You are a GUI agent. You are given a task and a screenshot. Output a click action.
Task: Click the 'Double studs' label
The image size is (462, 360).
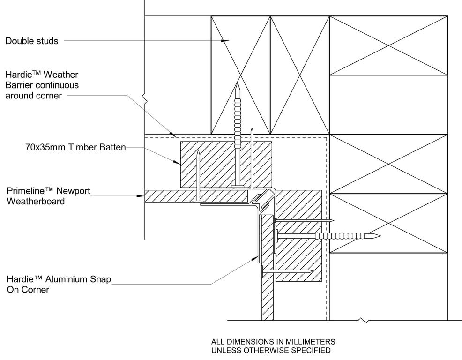pyautogui.click(x=32, y=41)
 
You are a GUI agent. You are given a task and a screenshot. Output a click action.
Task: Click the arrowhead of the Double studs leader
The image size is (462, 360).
pyautogui.click(x=226, y=41)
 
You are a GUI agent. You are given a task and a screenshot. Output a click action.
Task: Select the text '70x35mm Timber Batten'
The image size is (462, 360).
pyautogui.click(x=75, y=147)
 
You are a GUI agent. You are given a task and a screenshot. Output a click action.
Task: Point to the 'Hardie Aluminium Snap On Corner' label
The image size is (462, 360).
pyautogui.click(x=58, y=285)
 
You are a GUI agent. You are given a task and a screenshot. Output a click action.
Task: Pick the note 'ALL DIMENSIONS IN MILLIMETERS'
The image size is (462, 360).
pyautogui.click(x=273, y=342)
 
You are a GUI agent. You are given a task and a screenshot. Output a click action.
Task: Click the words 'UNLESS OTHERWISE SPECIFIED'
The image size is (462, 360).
pyautogui.click(x=271, y=350)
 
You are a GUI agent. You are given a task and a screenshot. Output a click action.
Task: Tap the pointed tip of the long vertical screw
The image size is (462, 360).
pyautogui.click(x=238, y=84)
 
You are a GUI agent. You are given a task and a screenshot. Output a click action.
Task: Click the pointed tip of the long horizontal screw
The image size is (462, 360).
pyautogui.click(x=379, y=236)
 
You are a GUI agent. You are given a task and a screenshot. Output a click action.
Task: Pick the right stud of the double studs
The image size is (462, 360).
pyautogui.click(x=300, y=75)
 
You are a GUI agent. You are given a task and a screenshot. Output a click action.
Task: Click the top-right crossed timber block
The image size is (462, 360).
pyautogui.click(x=388, y=45)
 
